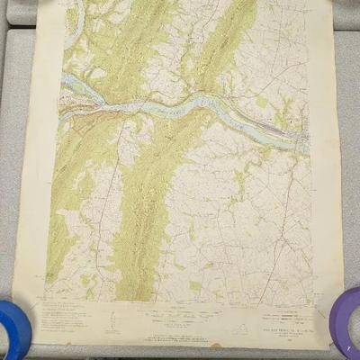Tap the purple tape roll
pos(346,324)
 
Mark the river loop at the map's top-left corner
pos(74,14)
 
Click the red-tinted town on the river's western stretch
pos(86,112)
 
